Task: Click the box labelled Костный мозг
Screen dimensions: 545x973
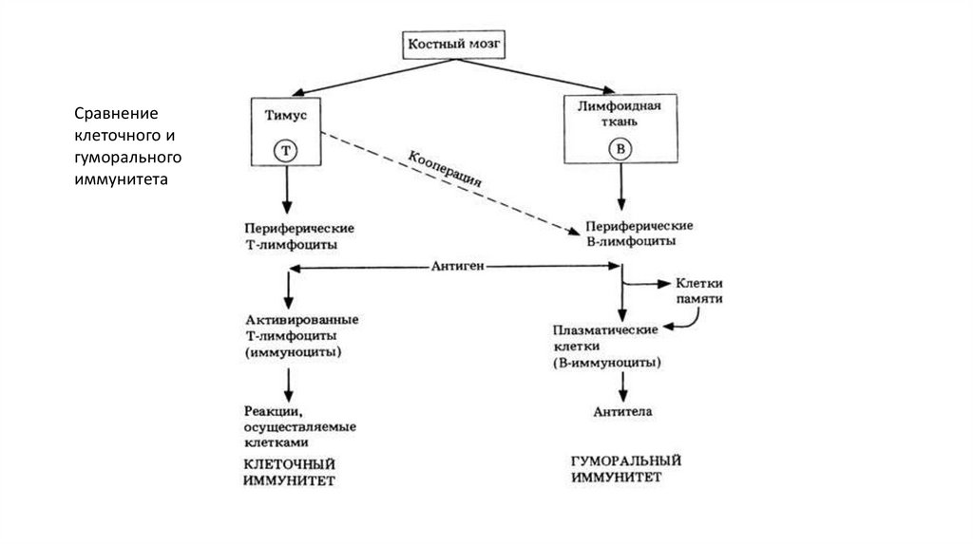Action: tap(452, 45)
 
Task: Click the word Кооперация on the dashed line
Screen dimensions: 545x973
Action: tap(447, 167)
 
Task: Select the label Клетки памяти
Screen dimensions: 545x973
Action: tap(701, 291)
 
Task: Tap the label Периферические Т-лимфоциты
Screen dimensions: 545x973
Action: tap(286, 236)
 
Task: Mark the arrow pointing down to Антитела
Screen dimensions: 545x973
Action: tap(622, 385)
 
